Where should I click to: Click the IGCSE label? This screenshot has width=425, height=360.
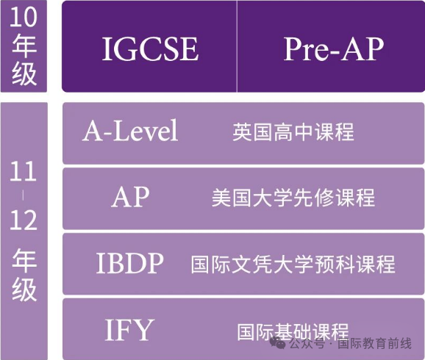(x=150, y=48)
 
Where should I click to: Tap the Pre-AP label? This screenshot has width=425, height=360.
(x=333, y=48)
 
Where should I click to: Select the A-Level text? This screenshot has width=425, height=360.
(x=130, y=131)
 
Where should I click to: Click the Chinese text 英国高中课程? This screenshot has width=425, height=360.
(x=293, y=132)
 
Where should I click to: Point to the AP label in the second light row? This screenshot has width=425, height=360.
(x=130, y=197)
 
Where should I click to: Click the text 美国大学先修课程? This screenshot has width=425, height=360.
(x=293, y=198)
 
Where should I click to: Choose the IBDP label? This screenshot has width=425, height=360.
(x=130, y=263)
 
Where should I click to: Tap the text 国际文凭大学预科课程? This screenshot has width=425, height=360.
(x=293, y=264)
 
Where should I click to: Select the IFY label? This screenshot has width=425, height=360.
(x=129, y=330)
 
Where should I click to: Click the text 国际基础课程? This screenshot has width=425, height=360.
(x=293, y=332)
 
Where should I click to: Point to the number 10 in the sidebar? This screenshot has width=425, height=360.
(x=24, y=17)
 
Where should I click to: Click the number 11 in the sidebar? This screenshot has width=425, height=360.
(x=24, y=171)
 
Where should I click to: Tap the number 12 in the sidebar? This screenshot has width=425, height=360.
(x=24, y=220)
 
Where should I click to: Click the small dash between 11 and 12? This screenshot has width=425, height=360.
(x=23, y=195)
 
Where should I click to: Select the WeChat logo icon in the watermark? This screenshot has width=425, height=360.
(x=278, y=343)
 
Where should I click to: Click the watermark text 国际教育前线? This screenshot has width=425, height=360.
(x=374, y=344)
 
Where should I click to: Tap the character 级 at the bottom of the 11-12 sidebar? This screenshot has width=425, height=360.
(x=24, y=289)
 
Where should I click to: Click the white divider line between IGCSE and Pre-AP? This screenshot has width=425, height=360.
(x=237, y=46)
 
